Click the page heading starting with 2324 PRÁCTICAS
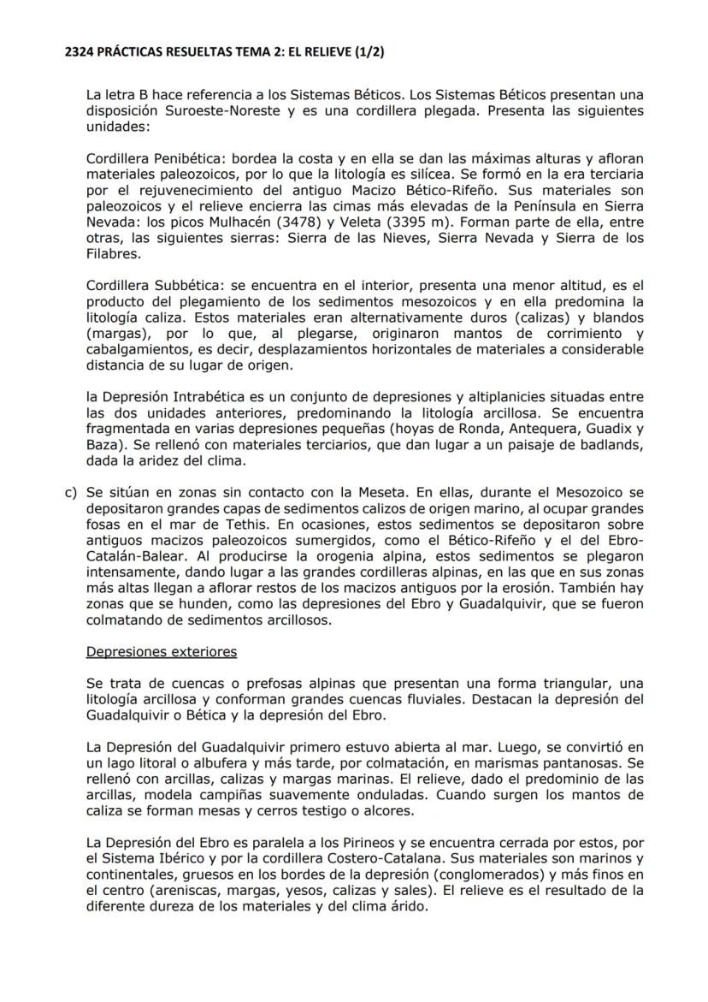(x=225, y=52)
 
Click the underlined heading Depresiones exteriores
(x=162, y=652)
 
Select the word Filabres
(x=114, y=255)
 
